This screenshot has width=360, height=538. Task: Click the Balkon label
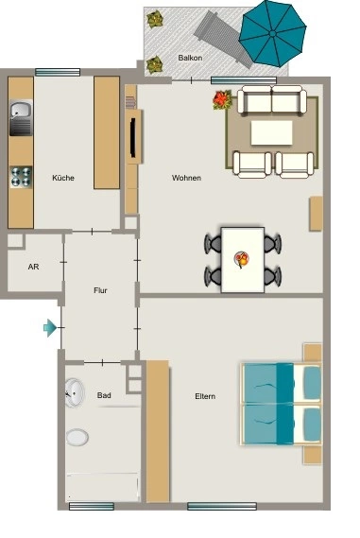(190, 58)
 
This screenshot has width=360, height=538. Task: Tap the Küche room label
(63, 178)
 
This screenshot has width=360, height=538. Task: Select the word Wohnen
(186, 178)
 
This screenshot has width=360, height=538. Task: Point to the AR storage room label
(34, 267)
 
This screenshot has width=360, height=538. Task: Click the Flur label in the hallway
(100, 290)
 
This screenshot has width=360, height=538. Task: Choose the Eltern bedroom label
(205, 396)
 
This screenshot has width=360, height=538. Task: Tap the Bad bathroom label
(104, 395)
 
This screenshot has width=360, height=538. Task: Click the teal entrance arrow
(50, 328)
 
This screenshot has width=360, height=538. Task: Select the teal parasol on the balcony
(272, 34)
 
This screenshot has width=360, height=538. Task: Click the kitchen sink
(21, 117)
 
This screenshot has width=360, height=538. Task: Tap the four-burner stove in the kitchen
(21, 177)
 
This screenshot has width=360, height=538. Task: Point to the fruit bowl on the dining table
(242, 259)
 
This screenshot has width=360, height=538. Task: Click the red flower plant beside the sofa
(222, 100)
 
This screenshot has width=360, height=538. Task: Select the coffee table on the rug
(271, 132)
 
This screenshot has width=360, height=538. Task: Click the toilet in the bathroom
(77, 438)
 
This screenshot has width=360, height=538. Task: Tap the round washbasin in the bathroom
(75, 393)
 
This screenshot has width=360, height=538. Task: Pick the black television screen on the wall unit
(132, 138)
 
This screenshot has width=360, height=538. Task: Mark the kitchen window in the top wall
(58, 72)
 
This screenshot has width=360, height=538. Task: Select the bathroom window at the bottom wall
(92, 506)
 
